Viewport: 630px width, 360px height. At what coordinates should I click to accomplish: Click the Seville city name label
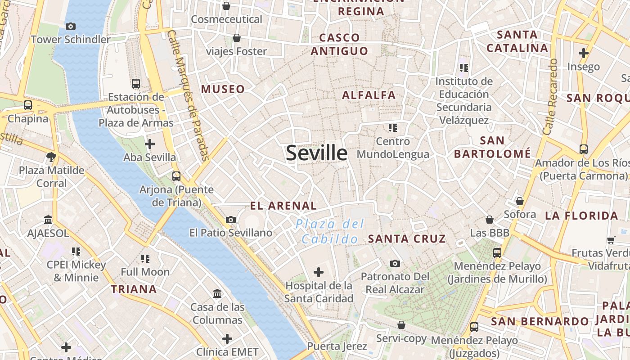click(x=317, y=153)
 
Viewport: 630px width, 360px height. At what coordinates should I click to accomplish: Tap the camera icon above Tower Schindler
click(x=71, y=26)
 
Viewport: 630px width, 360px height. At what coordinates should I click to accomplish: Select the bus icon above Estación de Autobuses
click(x=136, y=84)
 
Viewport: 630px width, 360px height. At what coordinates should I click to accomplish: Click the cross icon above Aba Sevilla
click(x=150, y=144)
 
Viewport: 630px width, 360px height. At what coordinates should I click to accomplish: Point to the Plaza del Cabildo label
click(x=330, y=231)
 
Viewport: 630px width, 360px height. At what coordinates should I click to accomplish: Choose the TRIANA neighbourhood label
click(x=134, y=289)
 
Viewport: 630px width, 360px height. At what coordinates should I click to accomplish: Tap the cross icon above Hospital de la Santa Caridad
click(x=319, y=272)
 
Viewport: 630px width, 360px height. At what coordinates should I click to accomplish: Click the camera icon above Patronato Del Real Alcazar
click(x=395, y=263)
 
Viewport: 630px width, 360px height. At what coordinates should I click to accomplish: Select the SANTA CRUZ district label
click(x=407, y=238)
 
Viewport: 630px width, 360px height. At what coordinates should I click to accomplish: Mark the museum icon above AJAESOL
click(x=48, y=220)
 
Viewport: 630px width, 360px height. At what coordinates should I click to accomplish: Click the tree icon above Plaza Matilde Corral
click(x=51, y=157)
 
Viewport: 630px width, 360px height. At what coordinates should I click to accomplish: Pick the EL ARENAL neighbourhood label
click(x=283, y=206)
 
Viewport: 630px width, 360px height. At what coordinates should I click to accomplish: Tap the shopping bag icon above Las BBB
click(x=490, y=220)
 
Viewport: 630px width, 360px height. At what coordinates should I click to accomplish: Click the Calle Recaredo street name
click(x=550, y=97)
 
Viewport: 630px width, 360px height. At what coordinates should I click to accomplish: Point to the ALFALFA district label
click(x=369, y=95)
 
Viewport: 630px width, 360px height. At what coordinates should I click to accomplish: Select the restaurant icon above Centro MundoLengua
click(x=393, y=128)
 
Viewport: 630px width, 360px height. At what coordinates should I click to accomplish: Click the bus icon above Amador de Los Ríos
click(x=584, y=149)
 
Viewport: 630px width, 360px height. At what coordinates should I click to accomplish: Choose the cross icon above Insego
click(x=584, y=53)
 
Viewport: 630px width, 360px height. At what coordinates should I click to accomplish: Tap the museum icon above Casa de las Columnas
click(x=218, y=294)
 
